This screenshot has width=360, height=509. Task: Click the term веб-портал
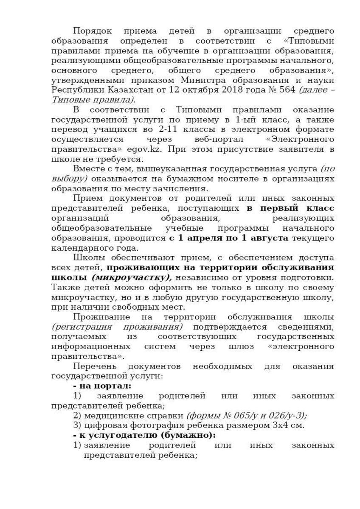click(x=219, y=140)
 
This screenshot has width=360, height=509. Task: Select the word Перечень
click(x=94, y=366)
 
